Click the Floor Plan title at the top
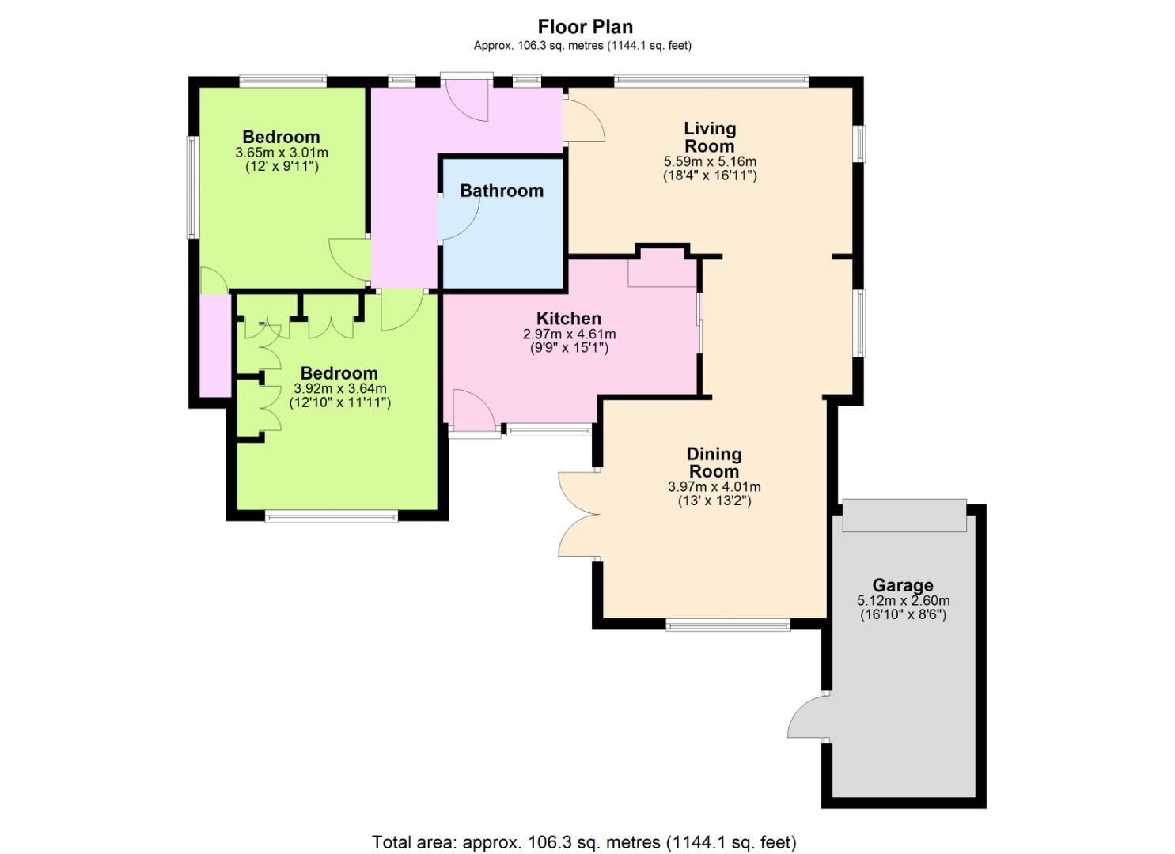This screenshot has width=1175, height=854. point(586,26)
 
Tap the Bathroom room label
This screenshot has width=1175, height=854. point(502,191)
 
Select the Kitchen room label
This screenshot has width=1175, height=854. point(569,318)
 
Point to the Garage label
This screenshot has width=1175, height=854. point(903,585)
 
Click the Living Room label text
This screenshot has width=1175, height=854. point(710,137)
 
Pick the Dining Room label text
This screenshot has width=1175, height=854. point(714,463)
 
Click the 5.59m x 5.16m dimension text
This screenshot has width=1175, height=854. point(711,161)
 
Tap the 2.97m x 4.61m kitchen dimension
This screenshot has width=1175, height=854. point(569,334)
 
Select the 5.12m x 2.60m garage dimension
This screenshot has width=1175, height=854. point(904,601)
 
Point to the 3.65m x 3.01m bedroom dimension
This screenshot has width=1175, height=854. point(282,153)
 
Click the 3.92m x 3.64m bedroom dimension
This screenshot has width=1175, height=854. point(340,389)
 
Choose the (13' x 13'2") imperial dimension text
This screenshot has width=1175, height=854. point(714,501)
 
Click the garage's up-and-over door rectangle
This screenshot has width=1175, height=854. point(904,516)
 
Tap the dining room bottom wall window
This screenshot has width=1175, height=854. point(728,625)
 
